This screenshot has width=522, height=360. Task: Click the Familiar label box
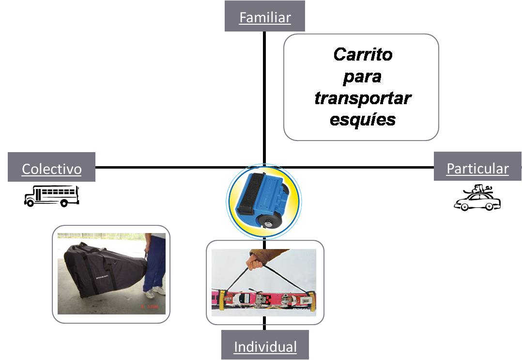point(264,16)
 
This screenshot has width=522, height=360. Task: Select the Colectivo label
point(51,168)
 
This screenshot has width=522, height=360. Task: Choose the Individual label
point(265,345)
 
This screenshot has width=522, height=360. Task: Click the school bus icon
point(51,196)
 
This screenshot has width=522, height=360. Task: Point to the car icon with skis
point(477,198)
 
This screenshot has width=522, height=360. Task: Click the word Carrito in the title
point(362,54)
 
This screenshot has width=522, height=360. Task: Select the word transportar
point(362,98)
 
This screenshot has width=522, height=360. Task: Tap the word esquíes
point(362,119)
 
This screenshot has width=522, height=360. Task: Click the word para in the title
point(362,77)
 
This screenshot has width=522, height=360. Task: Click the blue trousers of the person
point(155,262)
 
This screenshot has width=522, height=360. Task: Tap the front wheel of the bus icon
point(30,203)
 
